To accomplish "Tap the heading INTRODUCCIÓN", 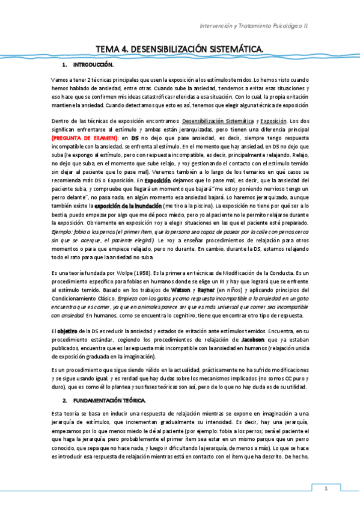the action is point(93,64).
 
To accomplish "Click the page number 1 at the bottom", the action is point(326,488).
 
